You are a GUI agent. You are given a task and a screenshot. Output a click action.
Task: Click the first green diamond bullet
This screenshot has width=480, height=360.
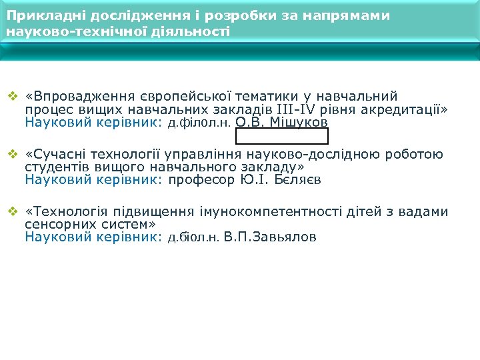11,97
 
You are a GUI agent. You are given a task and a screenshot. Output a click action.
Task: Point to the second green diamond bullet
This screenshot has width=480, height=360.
11,155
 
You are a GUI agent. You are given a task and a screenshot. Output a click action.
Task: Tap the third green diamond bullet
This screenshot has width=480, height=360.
11,213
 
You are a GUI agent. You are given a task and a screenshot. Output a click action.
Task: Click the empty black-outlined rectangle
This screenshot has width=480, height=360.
282,136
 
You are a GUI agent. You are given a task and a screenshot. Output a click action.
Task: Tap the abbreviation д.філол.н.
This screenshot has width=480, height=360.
199,123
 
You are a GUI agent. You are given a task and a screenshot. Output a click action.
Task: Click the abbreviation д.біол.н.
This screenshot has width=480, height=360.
193,237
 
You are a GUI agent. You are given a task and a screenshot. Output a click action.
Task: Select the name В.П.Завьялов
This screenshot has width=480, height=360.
271,237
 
